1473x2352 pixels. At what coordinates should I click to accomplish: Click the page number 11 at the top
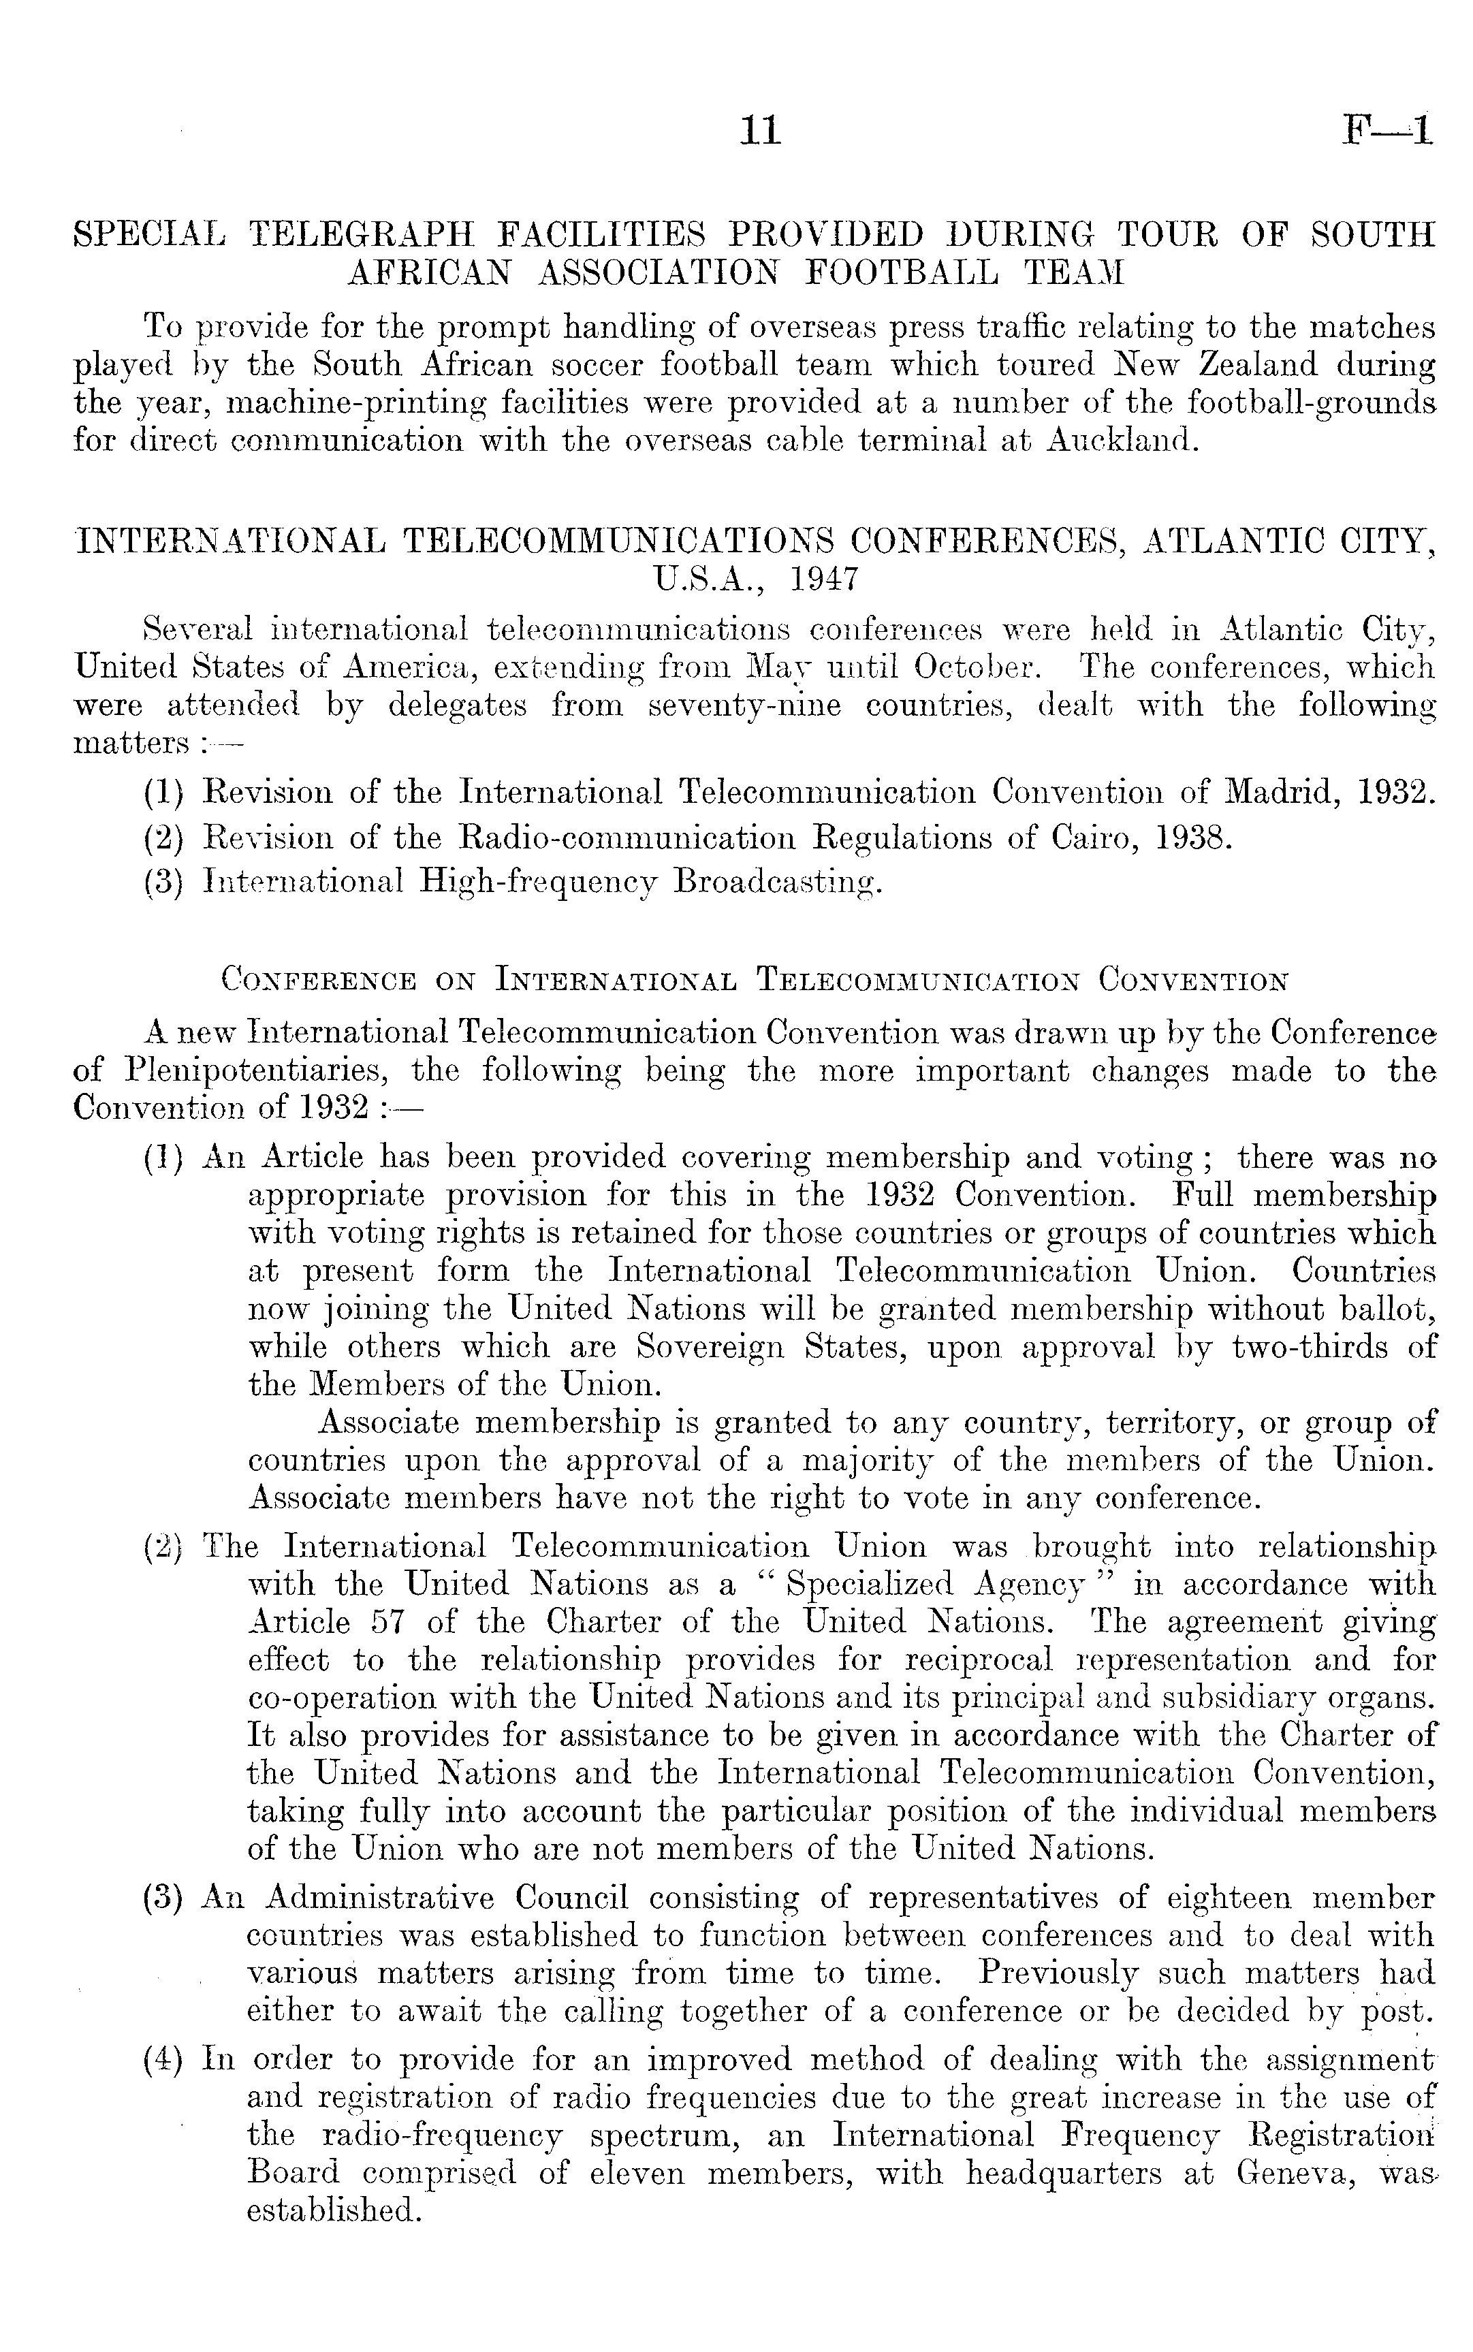point(760,131)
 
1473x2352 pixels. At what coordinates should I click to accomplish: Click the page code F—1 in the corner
point(1385,131)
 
